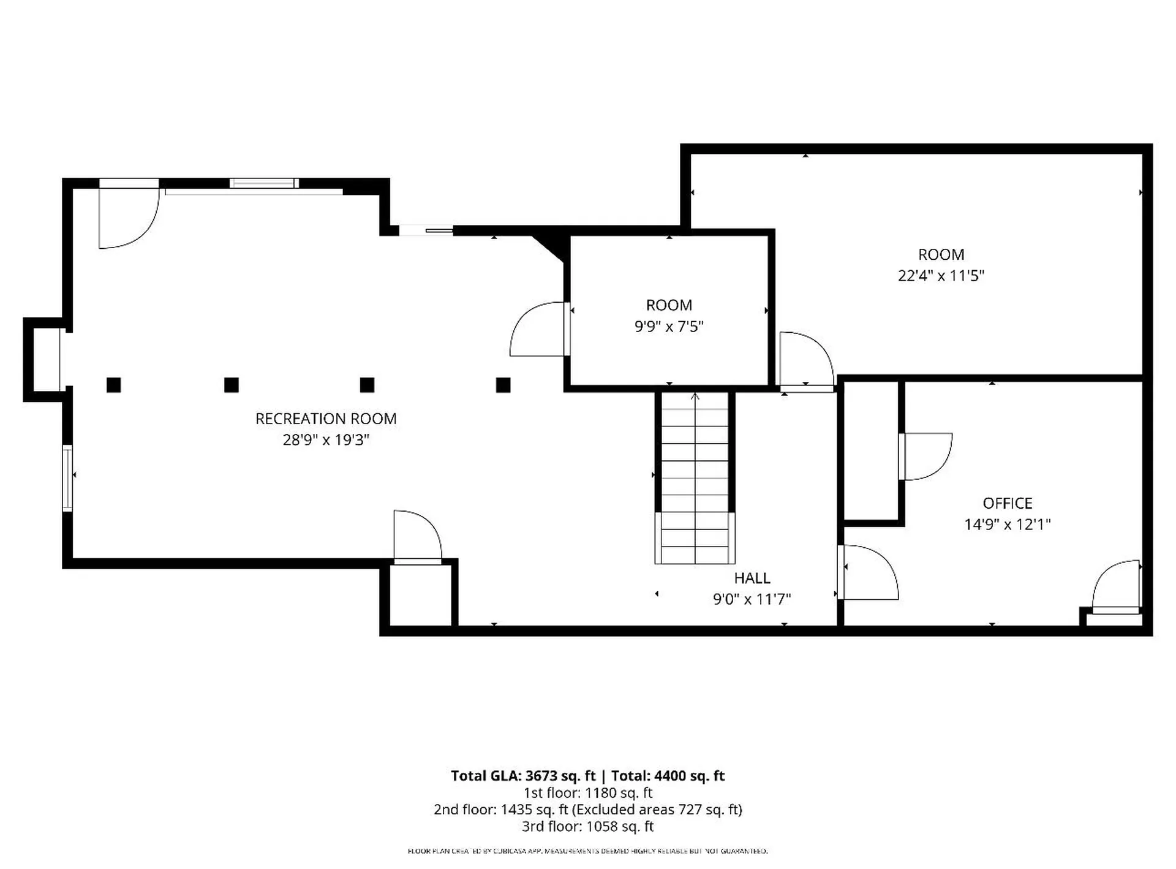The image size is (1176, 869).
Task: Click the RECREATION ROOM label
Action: (326, 419)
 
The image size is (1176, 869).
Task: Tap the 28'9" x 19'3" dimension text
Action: (326, 440)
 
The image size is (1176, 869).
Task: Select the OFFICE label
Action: (1008, 503)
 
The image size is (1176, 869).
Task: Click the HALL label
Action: (752, 578)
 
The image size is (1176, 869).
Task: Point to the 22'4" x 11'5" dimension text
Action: (941, 276)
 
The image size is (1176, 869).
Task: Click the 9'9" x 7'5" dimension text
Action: (669, 327)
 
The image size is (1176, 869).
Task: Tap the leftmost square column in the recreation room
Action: (113, 385)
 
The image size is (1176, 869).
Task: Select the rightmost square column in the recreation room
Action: (503, 385)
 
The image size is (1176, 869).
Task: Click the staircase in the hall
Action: (695, 478)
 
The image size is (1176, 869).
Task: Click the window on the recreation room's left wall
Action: (67, 478)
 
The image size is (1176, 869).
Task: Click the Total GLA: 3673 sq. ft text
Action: (523, 776)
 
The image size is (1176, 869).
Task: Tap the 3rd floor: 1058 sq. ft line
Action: (587, 826)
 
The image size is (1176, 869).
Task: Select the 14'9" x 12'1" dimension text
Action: (1008, 525)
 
